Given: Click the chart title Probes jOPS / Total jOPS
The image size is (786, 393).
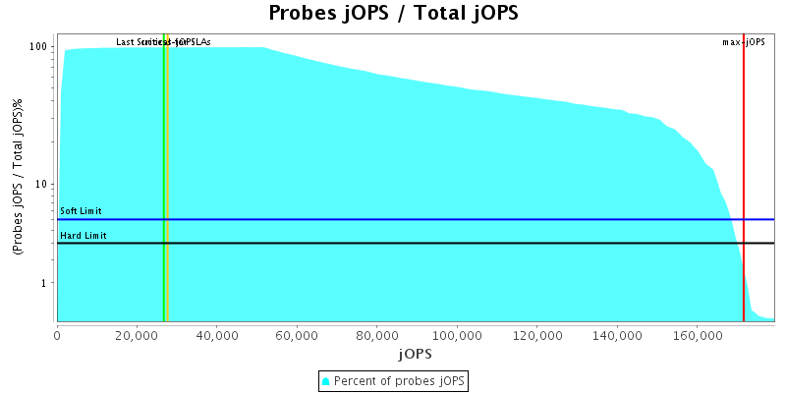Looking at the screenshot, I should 393,14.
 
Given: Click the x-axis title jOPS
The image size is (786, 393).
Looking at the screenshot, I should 414,353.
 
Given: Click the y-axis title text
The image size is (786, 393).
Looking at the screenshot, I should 18,177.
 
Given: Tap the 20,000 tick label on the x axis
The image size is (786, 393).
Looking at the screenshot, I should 137,335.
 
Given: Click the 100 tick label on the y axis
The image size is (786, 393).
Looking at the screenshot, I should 39,47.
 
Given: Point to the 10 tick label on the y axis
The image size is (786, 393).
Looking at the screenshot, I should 42,185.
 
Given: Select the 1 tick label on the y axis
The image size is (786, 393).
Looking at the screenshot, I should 45,283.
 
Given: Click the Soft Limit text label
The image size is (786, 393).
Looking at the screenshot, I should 81,211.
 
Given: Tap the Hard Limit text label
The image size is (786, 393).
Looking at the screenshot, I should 83,235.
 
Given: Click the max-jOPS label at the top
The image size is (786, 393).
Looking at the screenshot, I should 744,42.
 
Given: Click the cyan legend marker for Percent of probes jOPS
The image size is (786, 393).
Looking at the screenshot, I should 326,380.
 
